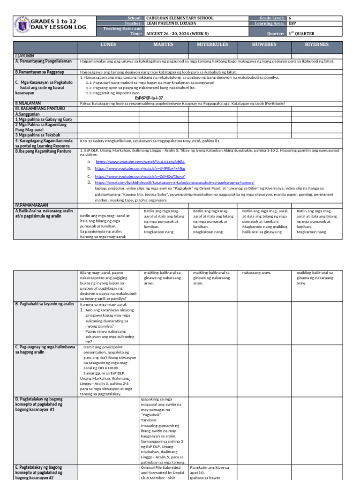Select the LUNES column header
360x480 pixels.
(x=108, y=45)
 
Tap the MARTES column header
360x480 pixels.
(x=163, y=45)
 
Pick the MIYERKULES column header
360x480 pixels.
(x=212, y=45)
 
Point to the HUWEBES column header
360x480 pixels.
(x=264, y=45)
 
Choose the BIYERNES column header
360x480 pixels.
(x=317, y=45)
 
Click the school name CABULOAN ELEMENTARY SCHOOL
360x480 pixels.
(x=180, y=18)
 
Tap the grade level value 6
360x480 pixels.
(x=289, y=18)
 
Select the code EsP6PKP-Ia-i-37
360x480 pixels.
(x=149, y=98)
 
